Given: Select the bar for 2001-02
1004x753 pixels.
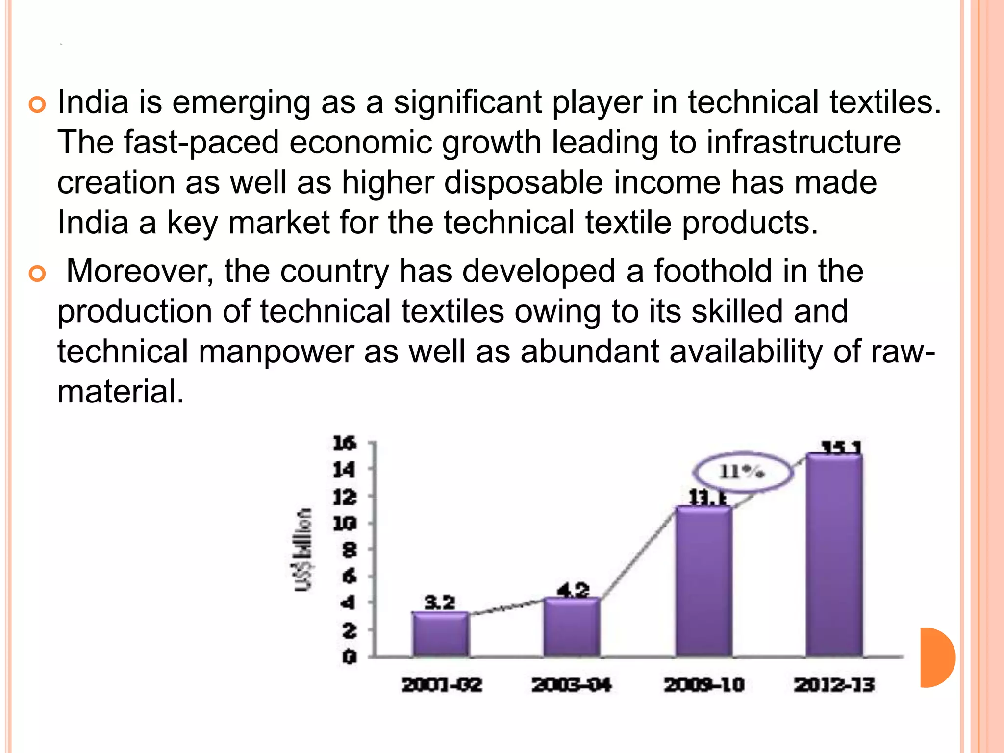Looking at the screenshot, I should (440, 634).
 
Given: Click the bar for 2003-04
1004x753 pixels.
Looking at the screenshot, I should (572, 627).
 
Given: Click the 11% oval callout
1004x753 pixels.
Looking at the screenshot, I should (742, 472).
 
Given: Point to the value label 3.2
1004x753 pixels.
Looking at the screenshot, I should (439, 602).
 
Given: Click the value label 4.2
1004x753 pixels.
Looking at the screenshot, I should (573, 589).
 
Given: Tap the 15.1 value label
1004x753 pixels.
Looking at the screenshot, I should (841, 447).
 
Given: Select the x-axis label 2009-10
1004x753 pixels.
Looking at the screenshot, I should (704, 685).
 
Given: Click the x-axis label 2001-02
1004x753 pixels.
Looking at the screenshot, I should (442, 685).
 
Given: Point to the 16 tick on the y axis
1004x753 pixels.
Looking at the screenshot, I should (344, 443).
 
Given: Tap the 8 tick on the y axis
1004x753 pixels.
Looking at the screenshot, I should (349, 550).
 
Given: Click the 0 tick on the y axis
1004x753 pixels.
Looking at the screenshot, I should (349, 656).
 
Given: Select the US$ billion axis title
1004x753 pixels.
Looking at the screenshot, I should (303, 550).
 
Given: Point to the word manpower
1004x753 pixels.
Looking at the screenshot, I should (276, 351).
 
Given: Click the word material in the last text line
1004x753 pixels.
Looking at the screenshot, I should (120, 392).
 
